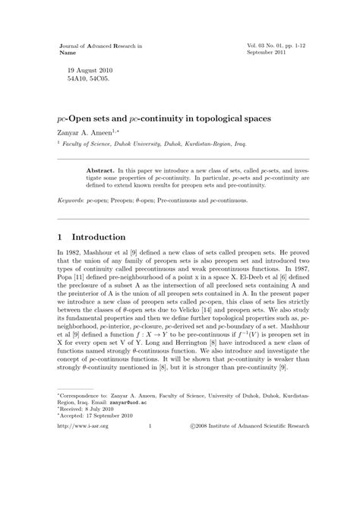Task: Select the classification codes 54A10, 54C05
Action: point(89,79)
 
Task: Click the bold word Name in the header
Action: point(67,55)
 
